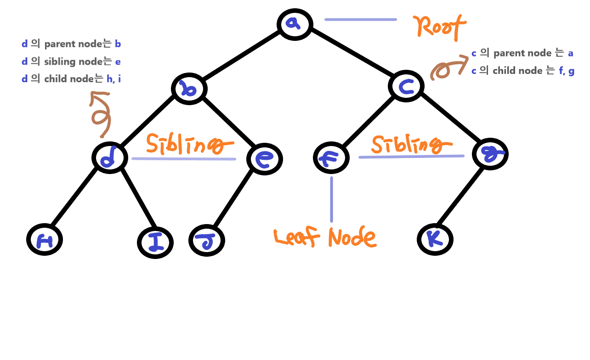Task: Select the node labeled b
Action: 189,89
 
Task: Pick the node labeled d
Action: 109,158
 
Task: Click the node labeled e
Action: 264,159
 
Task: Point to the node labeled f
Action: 331,158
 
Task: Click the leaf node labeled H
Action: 44,240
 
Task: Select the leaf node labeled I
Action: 155,242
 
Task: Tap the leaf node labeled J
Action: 207,241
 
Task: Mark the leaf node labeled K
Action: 435,239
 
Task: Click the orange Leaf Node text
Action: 325,237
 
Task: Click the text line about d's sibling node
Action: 71,62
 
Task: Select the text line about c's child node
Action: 523,71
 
